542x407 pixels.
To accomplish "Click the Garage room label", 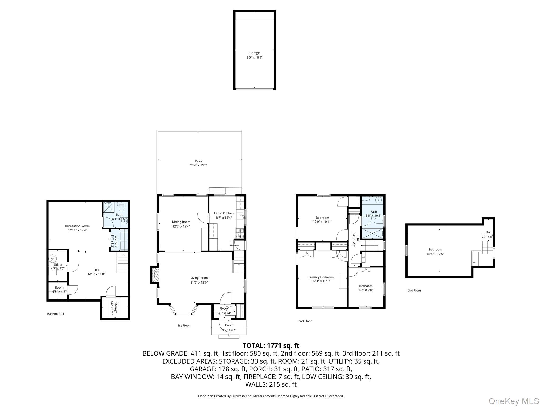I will point(254,53).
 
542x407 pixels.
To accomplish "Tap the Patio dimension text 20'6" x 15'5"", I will point(198,165).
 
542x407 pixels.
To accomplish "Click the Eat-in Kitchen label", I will point(224,213).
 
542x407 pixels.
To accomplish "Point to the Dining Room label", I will point(181,222).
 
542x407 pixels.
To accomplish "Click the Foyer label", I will point(224,308).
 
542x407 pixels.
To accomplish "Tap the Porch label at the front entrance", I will point(229,325).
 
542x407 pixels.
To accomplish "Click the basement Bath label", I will point(119,215).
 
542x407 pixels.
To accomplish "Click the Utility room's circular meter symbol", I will point(53,258).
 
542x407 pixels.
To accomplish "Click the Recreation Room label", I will point(77,226).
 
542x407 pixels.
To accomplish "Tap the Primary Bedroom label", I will point(321,277).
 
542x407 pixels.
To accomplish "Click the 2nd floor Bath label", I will point(373,212).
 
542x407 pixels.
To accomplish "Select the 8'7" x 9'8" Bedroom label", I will point(366,286).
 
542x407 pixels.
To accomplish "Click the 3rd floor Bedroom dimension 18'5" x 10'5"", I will point(435,254).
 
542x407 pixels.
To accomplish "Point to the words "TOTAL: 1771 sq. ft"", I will point(271,346).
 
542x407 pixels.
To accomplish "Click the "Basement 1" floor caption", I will point(56,314).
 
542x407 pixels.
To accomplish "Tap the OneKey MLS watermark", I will point(513,401).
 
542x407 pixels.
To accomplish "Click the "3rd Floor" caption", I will point(414,291).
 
